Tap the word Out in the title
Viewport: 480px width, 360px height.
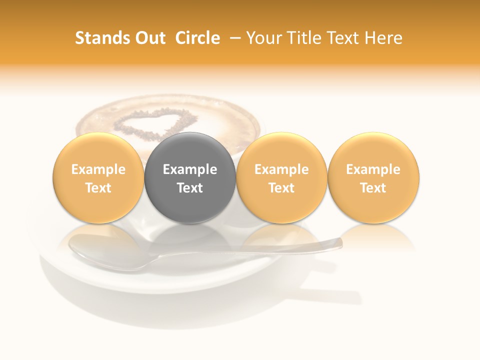click(150, 38)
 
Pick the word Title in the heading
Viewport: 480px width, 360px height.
click(303, 38)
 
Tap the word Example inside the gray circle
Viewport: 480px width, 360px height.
click(190, 169)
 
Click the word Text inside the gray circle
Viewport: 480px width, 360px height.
click(190, 188)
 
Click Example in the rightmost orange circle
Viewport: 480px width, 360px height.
click(373, 169)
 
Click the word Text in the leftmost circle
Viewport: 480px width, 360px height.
click(98, 188)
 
